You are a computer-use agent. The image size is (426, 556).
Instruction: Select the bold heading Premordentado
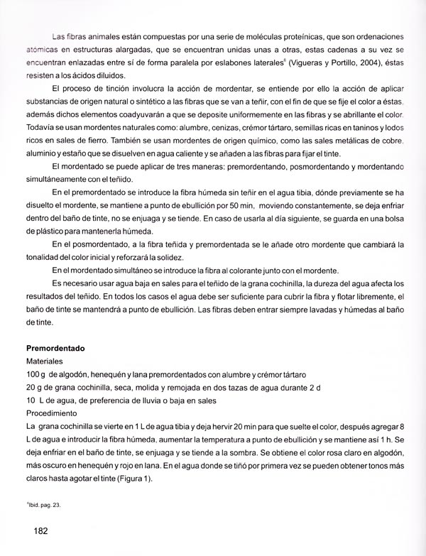tap(55, 349)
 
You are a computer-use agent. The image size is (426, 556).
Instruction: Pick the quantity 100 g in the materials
tap(35, 374)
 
